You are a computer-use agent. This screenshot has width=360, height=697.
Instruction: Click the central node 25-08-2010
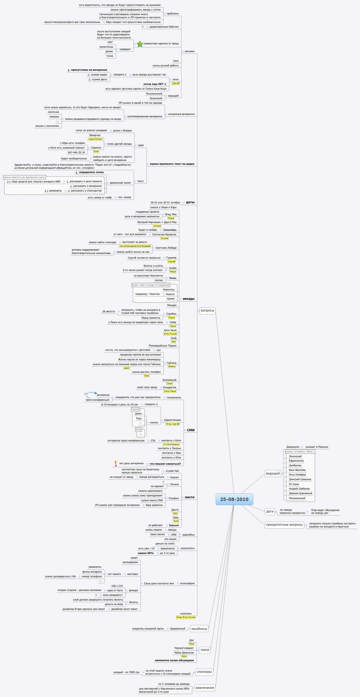tap(234, 499)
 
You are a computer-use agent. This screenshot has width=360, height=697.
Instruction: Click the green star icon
tap(140, 44)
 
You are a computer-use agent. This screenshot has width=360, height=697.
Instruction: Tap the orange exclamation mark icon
tap(116, 463)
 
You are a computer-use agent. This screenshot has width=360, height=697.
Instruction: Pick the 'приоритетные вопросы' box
tap(284, 525)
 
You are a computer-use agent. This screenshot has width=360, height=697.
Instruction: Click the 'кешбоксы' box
tap(199, 629)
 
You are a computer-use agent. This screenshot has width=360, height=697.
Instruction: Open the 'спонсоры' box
tap(204, 672)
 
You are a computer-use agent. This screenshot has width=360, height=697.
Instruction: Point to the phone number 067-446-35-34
tap(76, 153)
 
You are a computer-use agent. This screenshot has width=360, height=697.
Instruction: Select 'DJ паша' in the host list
tap(294, 484)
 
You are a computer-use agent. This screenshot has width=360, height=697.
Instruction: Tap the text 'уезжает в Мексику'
tap(317, 447)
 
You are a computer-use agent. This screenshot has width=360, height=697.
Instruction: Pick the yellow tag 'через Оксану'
tap(95, 139)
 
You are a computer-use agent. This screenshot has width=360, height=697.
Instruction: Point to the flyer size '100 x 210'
tap(117, 586)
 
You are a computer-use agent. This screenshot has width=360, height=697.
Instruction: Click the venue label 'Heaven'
tap(174, 477)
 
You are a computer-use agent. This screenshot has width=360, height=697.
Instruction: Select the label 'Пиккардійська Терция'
tap(162, 346)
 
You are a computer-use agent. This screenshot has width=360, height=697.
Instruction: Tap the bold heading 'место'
tap(189, 497)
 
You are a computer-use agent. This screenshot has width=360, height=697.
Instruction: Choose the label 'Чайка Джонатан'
tap(184, 653)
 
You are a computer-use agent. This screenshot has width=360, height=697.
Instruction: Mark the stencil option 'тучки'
tap(110, 56)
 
